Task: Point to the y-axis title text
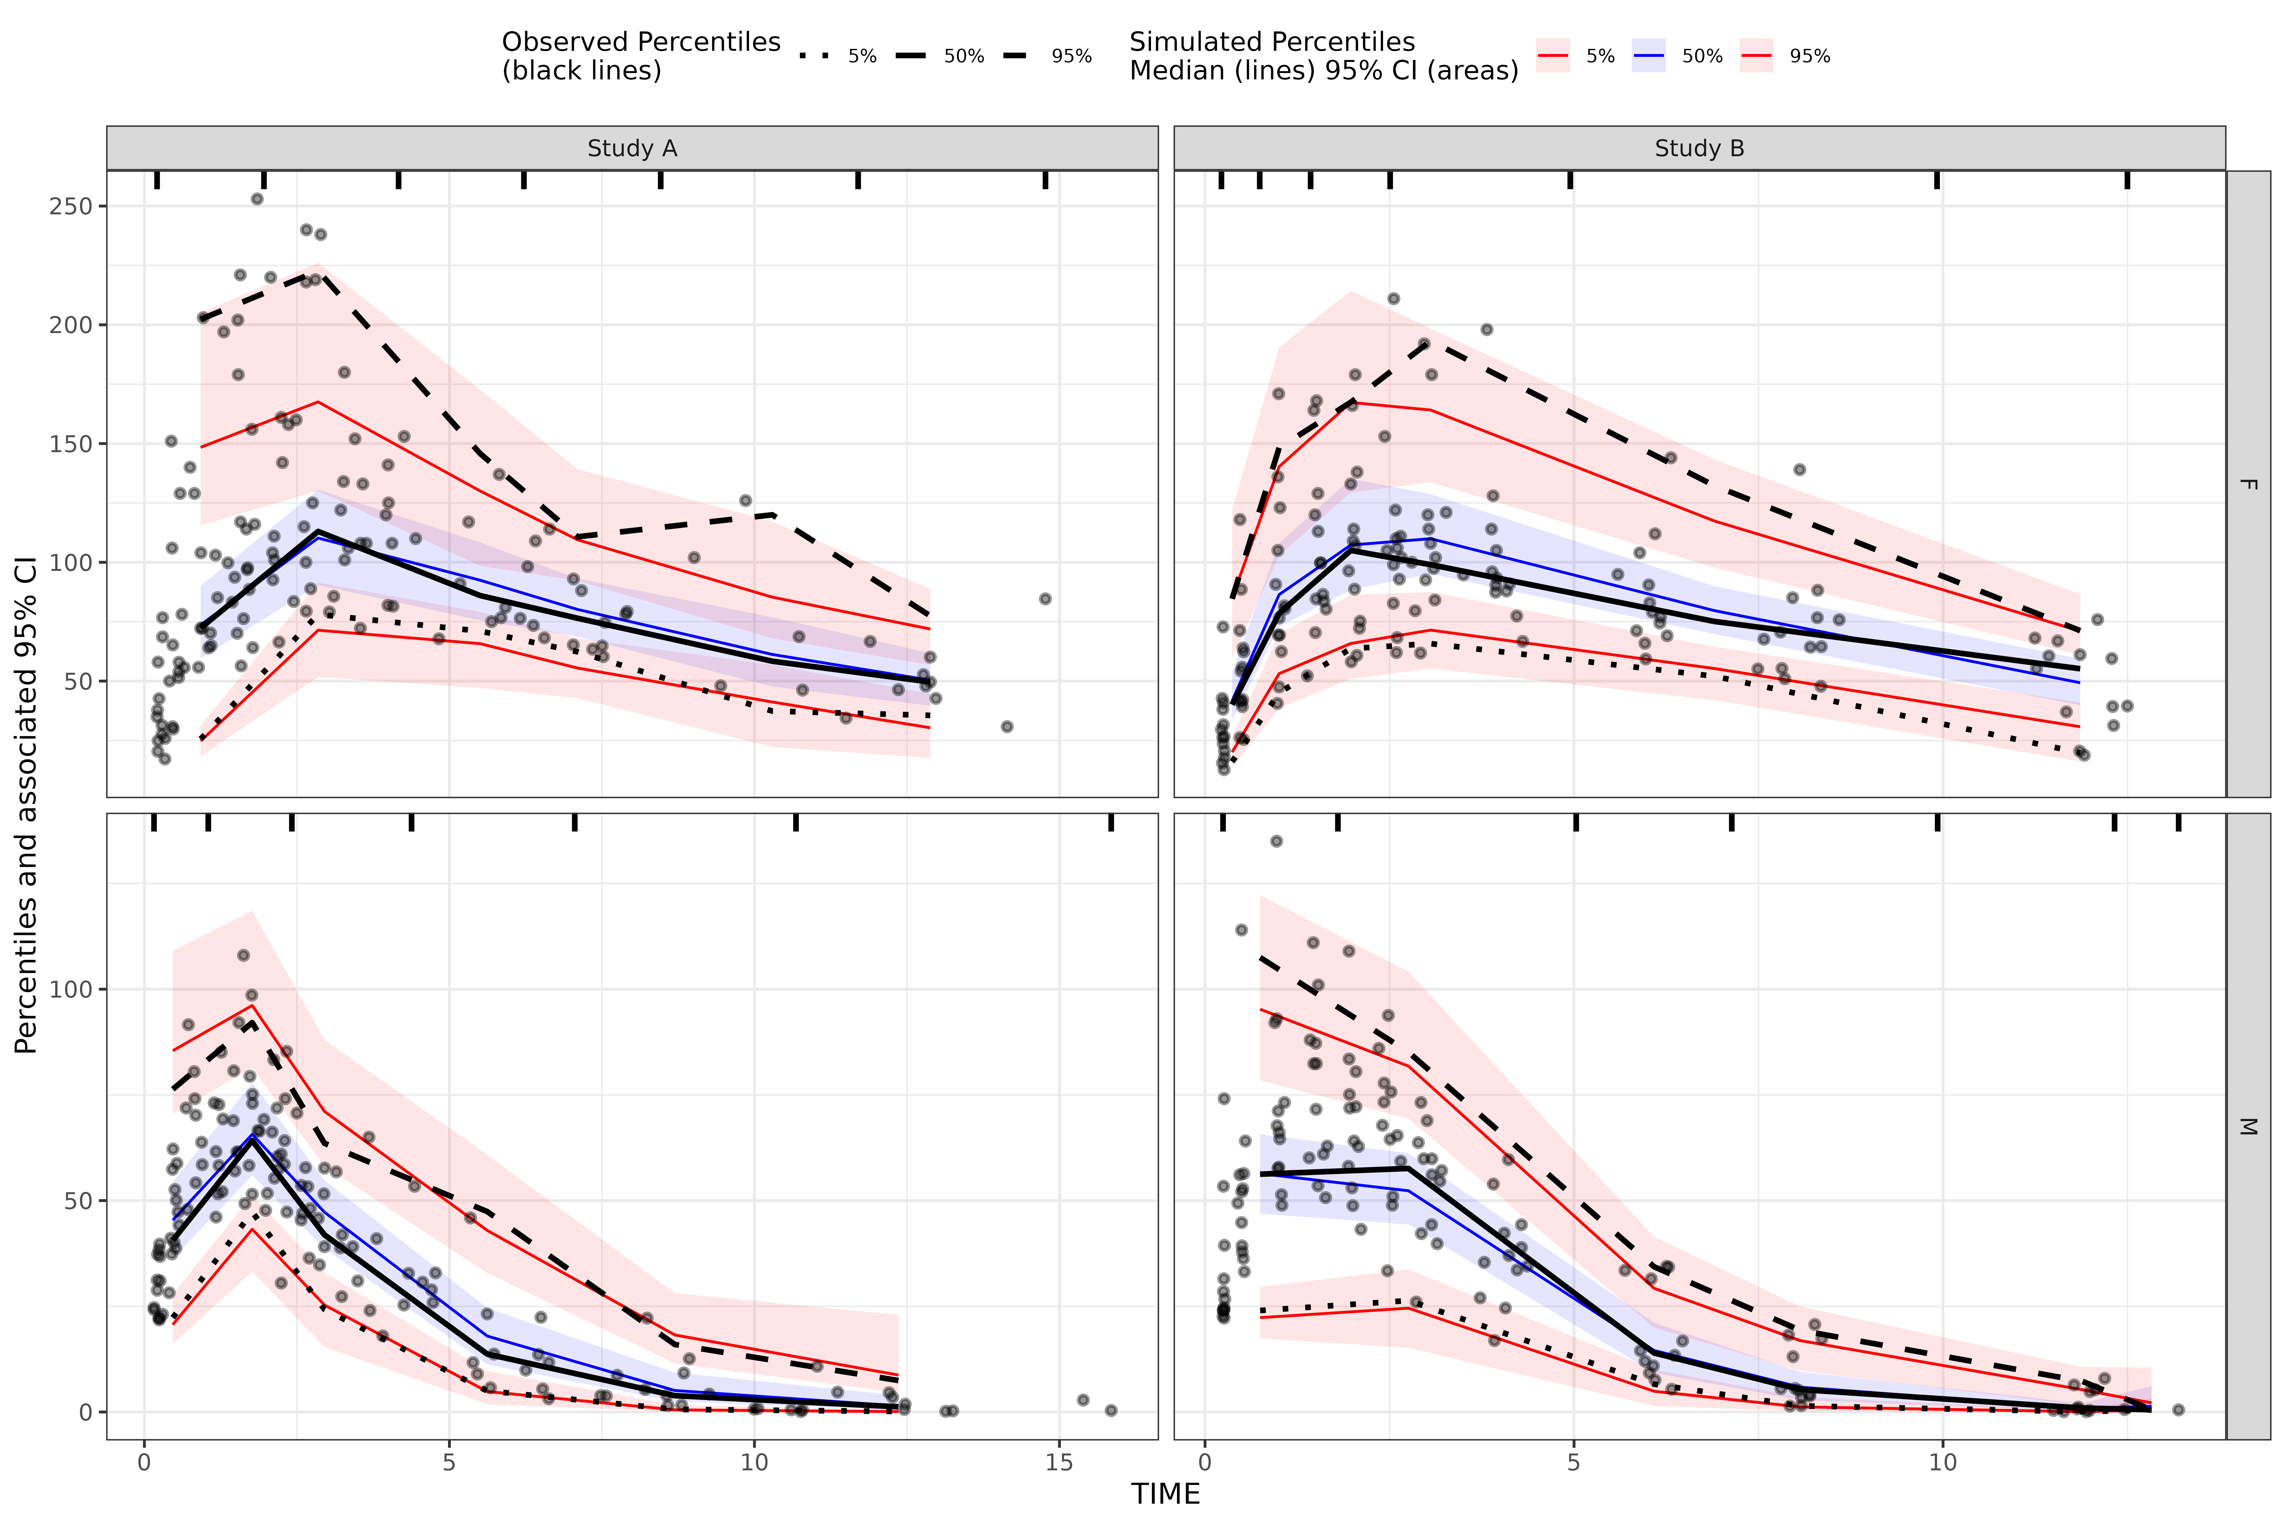26,805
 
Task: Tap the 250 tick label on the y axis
71,206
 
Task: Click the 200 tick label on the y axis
71,324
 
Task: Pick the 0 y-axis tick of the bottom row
85,1411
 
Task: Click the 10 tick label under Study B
1942,1463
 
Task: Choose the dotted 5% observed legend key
814,57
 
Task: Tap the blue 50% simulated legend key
1649,57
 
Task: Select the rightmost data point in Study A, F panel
1045,599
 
